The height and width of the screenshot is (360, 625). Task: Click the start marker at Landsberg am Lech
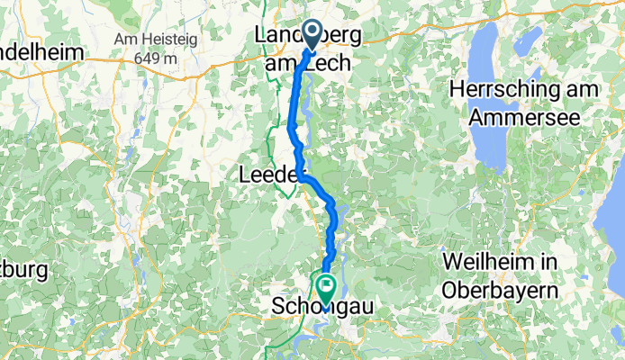(313, 35)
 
